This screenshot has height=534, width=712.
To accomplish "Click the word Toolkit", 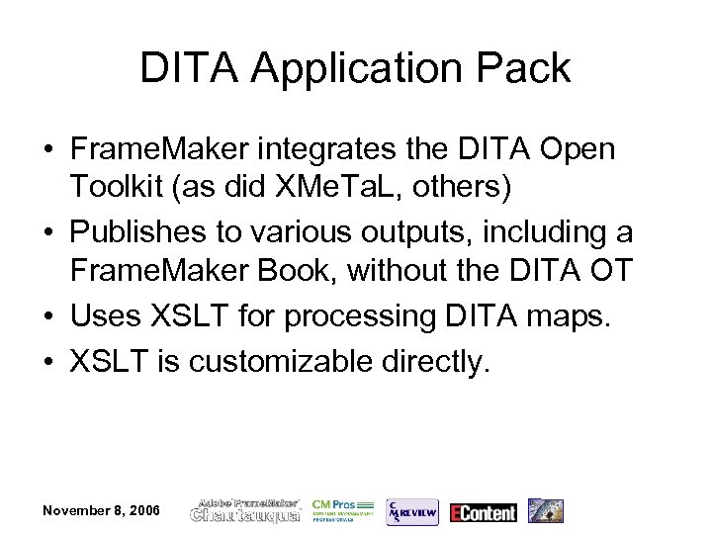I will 120,189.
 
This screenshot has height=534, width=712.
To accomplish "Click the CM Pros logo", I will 341,509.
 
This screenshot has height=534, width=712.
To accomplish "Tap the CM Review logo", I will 410,509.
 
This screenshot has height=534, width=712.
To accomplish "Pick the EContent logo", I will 483,511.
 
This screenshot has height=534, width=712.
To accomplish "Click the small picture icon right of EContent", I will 545,510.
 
